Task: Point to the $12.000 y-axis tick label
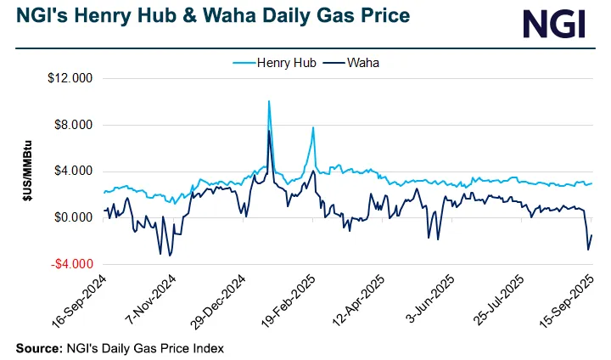pyautogui.click(x=74, y=79)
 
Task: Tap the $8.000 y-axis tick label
pyautogui.click(x=76, y=125)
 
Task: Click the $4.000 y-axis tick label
pyautogui.click(x=76, y=172)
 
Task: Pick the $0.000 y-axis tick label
pyautogui.click(x=76, y=217)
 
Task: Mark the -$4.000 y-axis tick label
pyautogui.click(x=75, y=263)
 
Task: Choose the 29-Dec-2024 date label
pyautogui.click(x=219, y=302)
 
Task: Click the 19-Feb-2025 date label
pyautogui.click(x=290, y=302)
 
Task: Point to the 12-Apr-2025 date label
pyautogui.click(x=361, y=302)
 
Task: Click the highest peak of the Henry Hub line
pyautogui.click(x=269, y=101)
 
